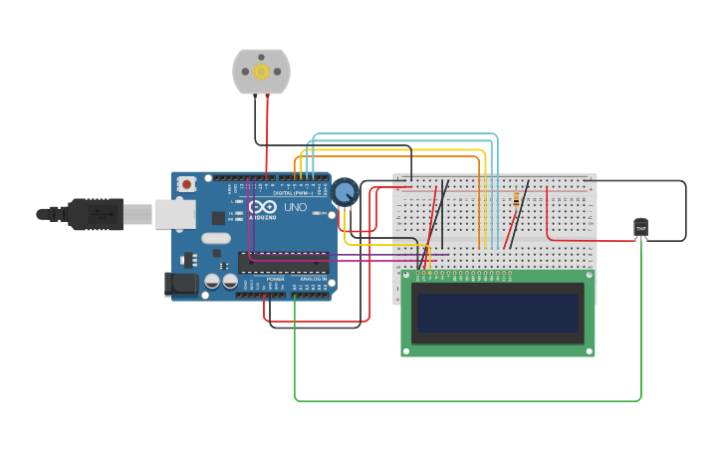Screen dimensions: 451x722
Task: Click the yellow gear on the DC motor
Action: point(262,71)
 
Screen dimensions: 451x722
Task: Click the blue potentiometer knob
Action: point(345,191)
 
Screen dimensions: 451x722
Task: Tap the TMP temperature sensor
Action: point(641,228)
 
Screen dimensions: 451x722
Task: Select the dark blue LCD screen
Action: point(498,313)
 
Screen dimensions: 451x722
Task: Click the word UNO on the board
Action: point(295,207)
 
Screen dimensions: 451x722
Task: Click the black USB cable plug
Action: point(95,213)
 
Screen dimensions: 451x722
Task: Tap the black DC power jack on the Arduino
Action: point(181,284)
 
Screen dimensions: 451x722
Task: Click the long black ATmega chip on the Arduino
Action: point(283,263)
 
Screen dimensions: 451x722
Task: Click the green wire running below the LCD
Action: point(468,401)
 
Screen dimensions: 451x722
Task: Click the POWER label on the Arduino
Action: point(274,279)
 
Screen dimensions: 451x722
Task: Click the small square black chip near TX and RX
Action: point(218,217)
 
